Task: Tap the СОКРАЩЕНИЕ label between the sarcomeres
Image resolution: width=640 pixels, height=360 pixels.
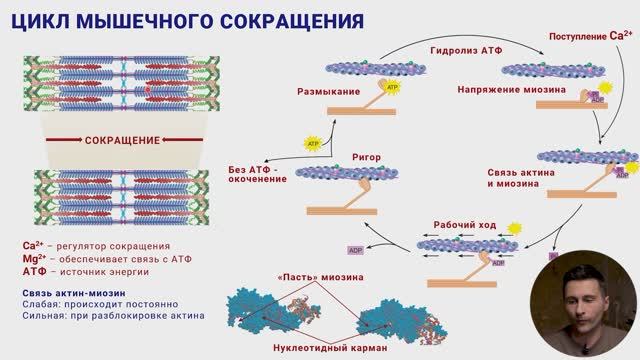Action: (123, 141)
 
